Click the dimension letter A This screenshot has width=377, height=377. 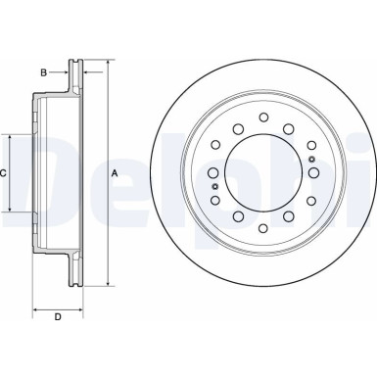[x=115, y=173]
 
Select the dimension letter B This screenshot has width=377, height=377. [x=43, y=72]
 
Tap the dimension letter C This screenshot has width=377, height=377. [x=5, y=173]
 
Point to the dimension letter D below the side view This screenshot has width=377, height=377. [x=57, y=315]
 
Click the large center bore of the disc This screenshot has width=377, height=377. [x=263, y=173]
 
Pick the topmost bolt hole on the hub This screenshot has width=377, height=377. [x=263, y=118]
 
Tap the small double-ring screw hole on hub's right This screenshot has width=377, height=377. [x=311, y=160]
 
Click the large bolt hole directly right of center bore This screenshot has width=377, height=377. [x=315, y=173]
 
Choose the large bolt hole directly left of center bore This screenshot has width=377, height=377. [x=212, y=173]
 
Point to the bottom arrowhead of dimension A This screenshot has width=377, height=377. [x=106, y=284]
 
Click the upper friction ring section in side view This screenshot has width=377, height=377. [x=72, y=78]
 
